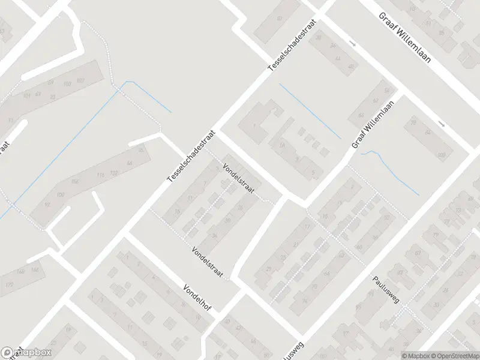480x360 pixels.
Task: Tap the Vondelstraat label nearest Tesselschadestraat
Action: tap(239, 179)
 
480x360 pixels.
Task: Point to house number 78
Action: tap(413, 123)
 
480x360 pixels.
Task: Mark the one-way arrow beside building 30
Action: tap(353, 44)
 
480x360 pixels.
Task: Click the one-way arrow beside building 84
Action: tap(442, 124)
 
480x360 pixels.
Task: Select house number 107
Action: tap(80, 81)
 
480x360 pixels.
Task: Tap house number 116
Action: tap(101, 175)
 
